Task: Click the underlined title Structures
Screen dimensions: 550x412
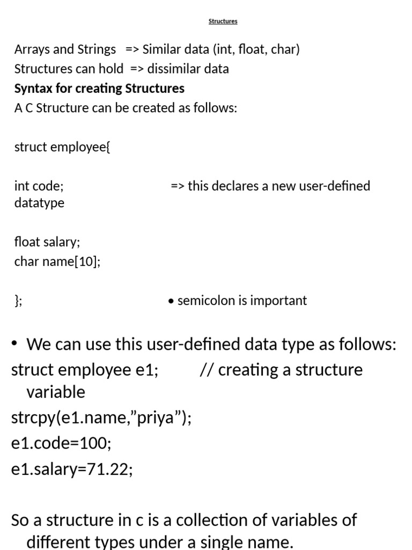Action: point(223,21)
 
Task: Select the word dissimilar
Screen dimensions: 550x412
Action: point(173,69)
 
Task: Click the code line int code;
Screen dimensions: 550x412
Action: point(39,186)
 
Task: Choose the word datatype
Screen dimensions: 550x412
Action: point(39,203)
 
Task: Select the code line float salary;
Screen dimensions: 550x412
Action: point(47,242)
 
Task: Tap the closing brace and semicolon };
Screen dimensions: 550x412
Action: point(18,300)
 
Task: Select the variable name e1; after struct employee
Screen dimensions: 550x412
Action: point(148,370)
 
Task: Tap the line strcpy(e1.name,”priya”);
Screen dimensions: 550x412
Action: point(101,418)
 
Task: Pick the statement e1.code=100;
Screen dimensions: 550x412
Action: point(61,444)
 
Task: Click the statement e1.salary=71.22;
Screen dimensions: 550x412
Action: point(72,469)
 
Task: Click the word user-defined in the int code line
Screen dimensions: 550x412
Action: point(336,186)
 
